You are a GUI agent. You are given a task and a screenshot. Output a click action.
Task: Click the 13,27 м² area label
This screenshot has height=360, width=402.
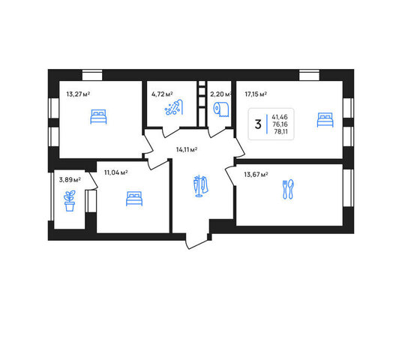coord(78,94)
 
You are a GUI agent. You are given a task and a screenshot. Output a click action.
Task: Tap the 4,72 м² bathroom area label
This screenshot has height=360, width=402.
coord(162,94)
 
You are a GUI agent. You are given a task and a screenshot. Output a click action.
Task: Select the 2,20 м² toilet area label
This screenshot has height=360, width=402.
coord(220,94)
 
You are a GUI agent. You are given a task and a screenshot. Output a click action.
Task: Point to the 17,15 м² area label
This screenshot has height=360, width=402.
coord(256,94)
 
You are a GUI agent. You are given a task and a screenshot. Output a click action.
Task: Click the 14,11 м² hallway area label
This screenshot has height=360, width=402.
coord(187,149)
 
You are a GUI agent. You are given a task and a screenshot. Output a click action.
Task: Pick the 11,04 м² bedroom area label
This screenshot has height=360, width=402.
coord(116,172)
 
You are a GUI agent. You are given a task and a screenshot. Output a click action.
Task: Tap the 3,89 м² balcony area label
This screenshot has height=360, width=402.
coord(70,180)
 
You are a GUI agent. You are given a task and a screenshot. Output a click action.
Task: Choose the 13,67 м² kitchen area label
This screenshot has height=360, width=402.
coord(256,175)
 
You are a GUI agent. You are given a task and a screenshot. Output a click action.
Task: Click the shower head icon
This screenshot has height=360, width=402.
coord(174,107)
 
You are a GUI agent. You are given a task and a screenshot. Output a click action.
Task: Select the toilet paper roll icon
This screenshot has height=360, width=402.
coord(221,109)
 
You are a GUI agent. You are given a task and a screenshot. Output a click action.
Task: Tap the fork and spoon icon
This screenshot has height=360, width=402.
coord(288,189)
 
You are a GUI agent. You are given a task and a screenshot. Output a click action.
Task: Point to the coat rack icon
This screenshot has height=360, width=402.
coord(201,186)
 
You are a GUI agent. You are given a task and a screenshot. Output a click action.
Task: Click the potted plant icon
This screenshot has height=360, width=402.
coord(70,201)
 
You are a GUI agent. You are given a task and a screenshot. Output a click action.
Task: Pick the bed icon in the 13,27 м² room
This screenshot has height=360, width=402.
coord(98,117)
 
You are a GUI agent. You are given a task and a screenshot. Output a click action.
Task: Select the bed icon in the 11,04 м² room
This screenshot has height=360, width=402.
coord(134,199)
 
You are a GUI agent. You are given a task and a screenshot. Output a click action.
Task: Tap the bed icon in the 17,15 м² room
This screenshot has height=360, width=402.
coord(325,120)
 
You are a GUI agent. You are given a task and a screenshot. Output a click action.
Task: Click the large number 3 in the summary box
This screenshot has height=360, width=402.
coord(258,124)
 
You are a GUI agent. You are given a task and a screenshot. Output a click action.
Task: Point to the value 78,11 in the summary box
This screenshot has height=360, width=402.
coord(280,132)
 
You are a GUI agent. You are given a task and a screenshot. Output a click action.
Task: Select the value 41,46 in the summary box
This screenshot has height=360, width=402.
coord(280,117)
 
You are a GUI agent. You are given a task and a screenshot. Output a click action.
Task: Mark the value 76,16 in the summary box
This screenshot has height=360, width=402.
coord(280,124)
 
